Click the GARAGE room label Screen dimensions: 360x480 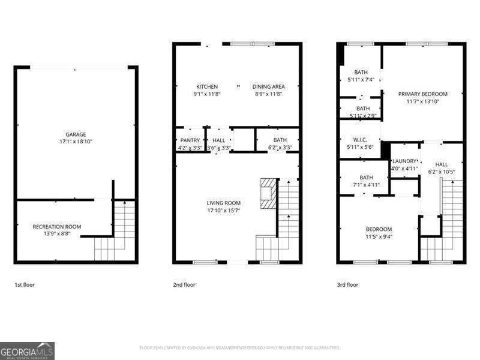coord(76,134)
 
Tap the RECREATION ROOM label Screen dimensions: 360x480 coord(57,226)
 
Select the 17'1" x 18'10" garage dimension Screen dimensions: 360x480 coord(76,142)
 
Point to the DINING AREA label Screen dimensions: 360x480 coord(268,86)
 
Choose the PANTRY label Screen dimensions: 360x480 coord(190,140)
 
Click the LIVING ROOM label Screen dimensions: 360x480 coord(223,203)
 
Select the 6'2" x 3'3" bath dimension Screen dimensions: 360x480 coord(280,148)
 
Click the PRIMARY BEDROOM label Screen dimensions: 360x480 coord(424,94)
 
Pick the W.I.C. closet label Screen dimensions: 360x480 coord(361,140)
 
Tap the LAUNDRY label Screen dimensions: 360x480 coord(404,161)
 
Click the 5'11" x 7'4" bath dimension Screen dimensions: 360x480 coord(361,79)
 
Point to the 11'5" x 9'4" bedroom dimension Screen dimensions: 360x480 coord(379,236)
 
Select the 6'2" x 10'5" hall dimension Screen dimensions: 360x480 coord(441,172)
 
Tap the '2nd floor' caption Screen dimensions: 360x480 coord(185,285)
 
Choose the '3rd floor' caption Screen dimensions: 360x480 coord(347,285)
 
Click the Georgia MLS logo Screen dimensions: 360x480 coord(27,350)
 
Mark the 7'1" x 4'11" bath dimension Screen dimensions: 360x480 coord(366,185)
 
